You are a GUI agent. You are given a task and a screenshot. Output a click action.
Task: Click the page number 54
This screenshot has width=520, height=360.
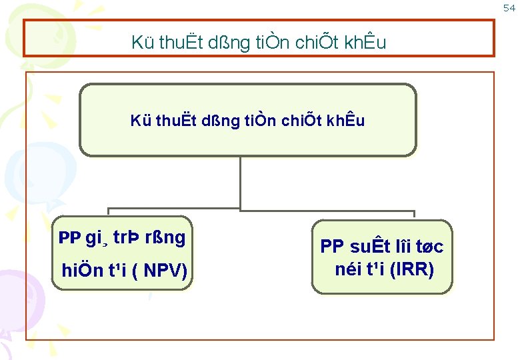(509, 8)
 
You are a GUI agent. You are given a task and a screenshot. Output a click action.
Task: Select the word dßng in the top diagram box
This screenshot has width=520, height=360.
(211, 121)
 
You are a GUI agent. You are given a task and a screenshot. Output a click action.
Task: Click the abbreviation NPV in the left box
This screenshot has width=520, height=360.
(161, 271)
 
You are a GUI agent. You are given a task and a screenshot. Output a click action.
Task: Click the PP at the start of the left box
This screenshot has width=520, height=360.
(69, 238)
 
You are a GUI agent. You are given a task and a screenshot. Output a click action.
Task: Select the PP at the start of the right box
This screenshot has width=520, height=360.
(333, 247)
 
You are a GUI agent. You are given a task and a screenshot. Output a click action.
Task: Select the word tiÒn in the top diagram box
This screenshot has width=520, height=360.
(251, 121)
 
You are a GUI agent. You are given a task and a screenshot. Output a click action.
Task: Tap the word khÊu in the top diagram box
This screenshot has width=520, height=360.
(344, 121)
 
